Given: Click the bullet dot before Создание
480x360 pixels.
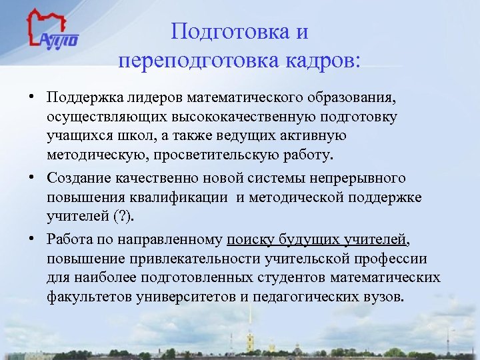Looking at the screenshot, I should coord(32,179).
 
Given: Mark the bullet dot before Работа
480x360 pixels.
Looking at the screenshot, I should coord(32,239).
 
